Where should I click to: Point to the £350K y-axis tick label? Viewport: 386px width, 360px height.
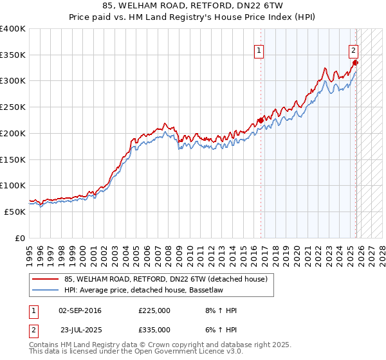[x=13, y=55]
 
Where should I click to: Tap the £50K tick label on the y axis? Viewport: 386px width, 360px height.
[x=15, y=212]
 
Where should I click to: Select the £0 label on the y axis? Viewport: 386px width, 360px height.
[x=21, y=238]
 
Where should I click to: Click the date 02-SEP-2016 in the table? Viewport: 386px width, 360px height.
[x=80, y=310]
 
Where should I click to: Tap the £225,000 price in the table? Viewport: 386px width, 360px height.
[x=154, y=310]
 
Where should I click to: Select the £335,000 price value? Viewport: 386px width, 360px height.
[x=154, y=329]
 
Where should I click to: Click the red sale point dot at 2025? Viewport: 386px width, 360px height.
[x=355, y=63]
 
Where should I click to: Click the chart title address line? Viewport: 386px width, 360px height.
[x=192, y=6]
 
